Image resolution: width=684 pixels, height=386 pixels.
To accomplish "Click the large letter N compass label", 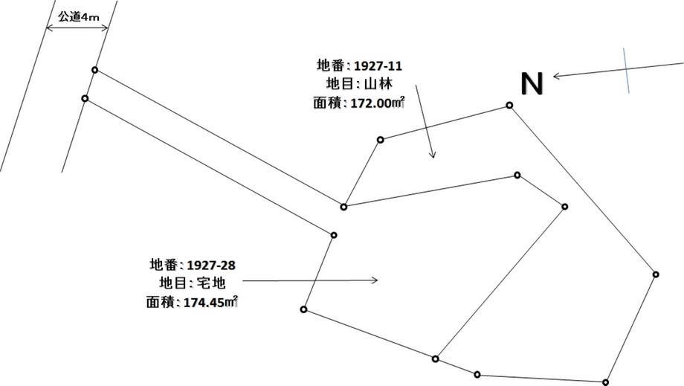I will point(532,83).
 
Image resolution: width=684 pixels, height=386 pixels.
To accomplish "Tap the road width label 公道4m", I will point(77,16).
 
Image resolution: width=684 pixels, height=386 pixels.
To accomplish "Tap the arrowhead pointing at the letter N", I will point(556,75).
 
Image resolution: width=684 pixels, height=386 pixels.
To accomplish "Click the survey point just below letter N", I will point(509,105).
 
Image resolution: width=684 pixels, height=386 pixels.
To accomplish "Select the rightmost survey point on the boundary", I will point(656,274).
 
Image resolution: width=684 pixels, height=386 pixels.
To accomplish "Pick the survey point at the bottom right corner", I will point(607,382).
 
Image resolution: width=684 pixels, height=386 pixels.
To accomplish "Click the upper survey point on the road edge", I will point(94,70).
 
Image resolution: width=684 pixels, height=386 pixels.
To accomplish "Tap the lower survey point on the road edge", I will point(85,98).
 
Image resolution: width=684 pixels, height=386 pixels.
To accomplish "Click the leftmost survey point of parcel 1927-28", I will point(303,309).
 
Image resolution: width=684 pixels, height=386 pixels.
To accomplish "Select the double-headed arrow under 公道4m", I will point(77,28).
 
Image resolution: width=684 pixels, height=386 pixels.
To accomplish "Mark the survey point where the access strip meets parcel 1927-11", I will point(343,207).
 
